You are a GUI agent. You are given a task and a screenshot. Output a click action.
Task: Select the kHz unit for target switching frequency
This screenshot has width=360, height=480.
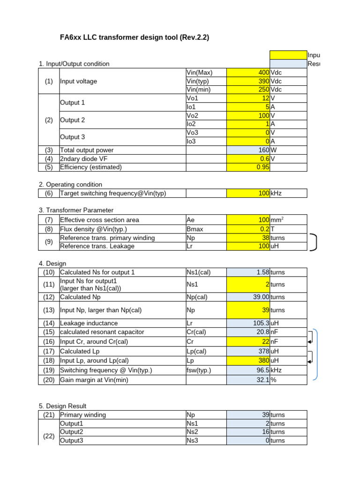[277, 193]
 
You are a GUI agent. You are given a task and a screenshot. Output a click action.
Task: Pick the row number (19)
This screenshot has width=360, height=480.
[49, 370]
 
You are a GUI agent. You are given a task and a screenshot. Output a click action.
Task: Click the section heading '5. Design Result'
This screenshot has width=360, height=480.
[62, 405]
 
